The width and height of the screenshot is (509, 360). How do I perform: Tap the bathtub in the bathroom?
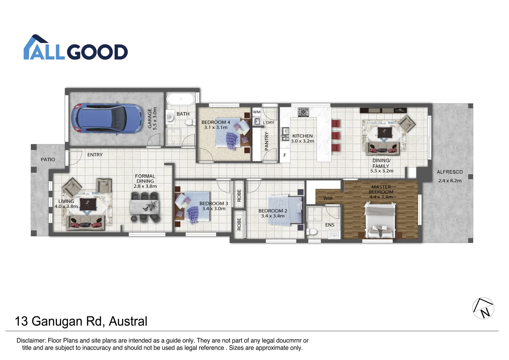[x=180, y=99]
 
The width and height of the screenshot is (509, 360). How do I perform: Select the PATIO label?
[x=48, y=160]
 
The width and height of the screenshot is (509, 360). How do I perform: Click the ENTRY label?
[x=95, y=155]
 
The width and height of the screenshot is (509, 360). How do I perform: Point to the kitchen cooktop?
[x=303, y=112]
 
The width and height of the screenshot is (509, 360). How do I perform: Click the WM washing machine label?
[x=257, y=112]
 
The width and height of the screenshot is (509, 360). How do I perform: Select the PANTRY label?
[x=267, y=141]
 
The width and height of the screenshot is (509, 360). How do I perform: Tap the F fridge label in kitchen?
[x=285, y=155]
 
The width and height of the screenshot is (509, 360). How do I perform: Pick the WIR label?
[x=328, y=198]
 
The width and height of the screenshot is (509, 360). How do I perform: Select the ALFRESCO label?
[x=450, y=172]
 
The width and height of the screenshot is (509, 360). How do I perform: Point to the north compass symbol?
[x=483, y=308]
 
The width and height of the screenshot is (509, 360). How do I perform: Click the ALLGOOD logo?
[x=76, y=48]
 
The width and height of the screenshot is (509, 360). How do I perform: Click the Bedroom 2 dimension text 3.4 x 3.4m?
[x=273, y=216]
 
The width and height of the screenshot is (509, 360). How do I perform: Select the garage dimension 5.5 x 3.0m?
[x=154, y=118]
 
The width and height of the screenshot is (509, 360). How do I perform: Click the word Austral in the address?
[x=128, y=321]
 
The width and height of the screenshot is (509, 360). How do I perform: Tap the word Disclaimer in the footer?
[x=31, y=341]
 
